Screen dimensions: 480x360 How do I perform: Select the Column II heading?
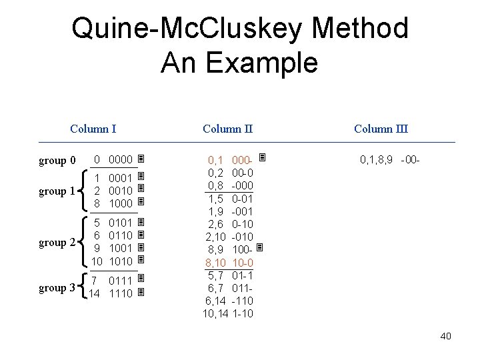pyautogui.click(x=227, y=129)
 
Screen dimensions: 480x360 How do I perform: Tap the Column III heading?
pyautogui.click(x=381, y=129)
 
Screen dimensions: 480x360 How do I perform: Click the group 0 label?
pyautogui.click(x=57, y=161)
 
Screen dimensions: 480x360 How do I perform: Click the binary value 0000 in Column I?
pyautogui.click(x=121, y=160)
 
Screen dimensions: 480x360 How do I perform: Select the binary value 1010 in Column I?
pyautogui.click(x=121, y=261)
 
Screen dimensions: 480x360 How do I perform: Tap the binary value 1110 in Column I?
pyautogui.click(x=121, y=293)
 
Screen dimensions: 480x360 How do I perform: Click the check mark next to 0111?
pyautogui.click(x=141, y=279)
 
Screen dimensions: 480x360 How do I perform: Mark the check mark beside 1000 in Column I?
pyautogui.click(x=141, y=202)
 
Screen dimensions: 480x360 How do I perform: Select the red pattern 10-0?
pyautogui.click(x=242, y=262)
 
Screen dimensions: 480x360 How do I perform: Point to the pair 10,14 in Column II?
pyautogui.click(x=215, y=313)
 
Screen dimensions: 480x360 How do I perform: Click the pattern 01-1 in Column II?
pyautogui.click(x=242, y=275)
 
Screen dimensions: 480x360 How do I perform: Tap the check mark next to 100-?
pyautogui.click(x=261, y=249)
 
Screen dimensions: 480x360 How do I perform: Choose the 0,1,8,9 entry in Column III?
pyautogui.click(x=377, y=160)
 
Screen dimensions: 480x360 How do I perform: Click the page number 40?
pyautogui.click(x=445, y=336)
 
